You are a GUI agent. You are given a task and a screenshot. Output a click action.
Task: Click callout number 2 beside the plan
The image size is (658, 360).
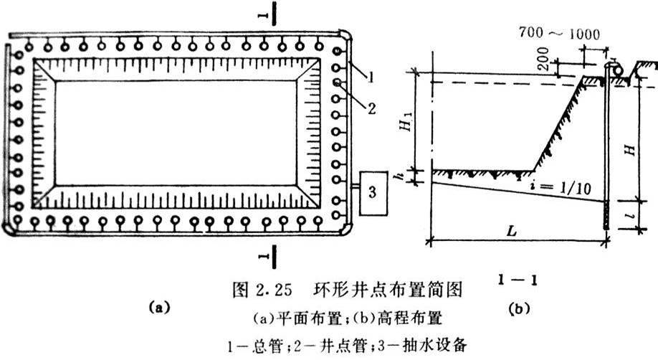click(x=372, y=109)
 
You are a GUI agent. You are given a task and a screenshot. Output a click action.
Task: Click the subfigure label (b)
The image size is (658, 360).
click(x=518, y=309)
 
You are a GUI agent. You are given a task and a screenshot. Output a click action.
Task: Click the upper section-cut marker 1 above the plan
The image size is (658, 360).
click(x=264, y=14)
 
